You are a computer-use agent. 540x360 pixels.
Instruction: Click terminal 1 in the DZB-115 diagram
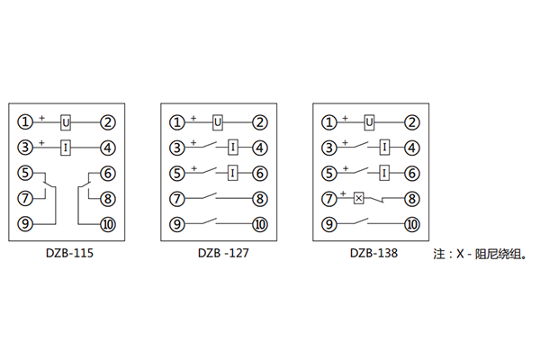click(26, 121)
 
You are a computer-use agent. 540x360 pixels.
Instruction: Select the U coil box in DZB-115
click(66, 121)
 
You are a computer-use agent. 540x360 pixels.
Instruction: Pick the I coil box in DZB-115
click(66, 148)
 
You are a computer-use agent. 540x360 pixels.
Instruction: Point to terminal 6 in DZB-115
click(107, 174)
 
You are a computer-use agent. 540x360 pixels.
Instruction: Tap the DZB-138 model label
click(372, 254)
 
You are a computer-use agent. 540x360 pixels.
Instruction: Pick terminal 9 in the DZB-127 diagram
click(178, 225)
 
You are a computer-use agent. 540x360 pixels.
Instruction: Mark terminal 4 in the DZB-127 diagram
click(259, 148)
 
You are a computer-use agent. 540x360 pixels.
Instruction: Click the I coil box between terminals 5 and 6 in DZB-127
click(233, 174)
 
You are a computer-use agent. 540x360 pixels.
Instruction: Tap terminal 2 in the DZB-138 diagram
click(412, 121)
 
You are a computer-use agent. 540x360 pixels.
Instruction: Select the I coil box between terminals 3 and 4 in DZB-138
click(385, 148)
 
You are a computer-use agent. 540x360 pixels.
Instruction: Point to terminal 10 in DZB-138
click(412, 225)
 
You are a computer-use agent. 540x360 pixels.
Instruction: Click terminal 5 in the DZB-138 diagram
click(331, 174)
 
